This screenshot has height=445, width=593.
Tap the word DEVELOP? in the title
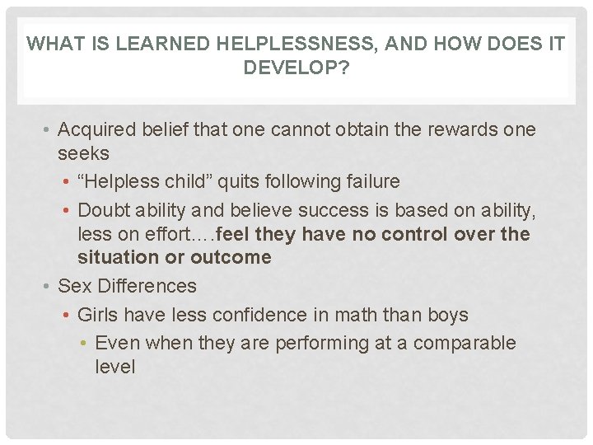296,68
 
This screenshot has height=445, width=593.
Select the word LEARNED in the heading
160,44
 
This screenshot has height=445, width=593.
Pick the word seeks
83,153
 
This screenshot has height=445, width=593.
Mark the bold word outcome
231,258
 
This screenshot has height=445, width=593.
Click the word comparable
465,343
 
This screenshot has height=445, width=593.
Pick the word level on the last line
115,366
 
